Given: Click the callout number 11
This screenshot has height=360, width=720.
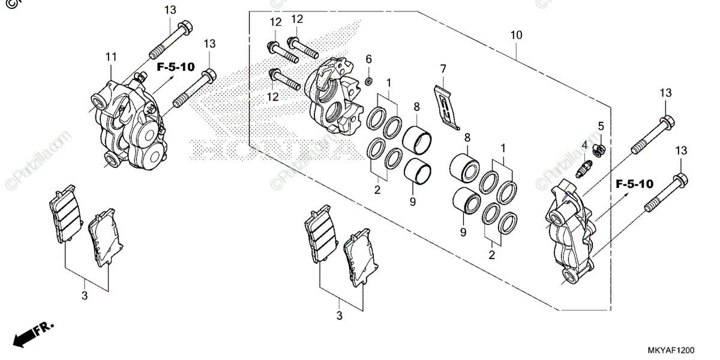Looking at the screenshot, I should pos(110,57).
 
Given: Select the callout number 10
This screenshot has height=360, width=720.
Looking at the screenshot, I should pos(516,35).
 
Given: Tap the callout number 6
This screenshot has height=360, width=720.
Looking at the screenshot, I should pos(369,58).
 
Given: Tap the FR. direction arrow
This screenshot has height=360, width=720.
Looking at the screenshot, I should pos(33,334).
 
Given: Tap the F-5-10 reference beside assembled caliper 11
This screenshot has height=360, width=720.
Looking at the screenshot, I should pos(176,67).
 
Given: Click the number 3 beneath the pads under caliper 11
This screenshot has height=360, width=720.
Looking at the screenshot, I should pos(85,296).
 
